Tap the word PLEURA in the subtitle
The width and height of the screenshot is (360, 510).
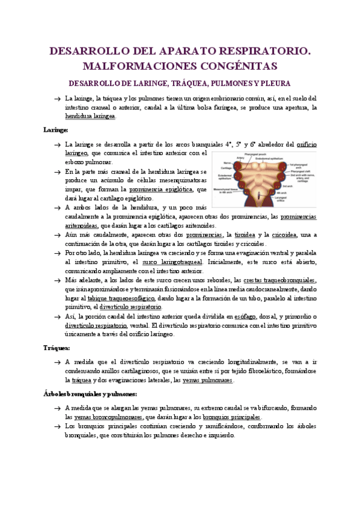tap(274, 83)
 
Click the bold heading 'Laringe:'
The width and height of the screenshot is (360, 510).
tap(55, 129)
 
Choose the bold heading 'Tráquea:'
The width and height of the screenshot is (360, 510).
tap(56, 347)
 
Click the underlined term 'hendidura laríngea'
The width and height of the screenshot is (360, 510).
tap(90, 116)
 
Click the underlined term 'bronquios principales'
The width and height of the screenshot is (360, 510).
tap(231, 416)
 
